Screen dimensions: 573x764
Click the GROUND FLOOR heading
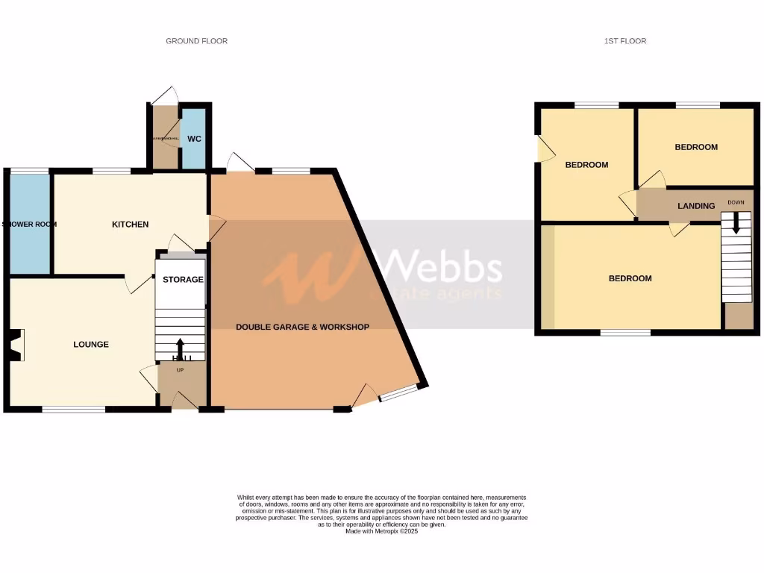(196, 41)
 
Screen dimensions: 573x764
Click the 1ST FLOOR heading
(625, 41)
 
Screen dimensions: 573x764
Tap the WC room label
(194, 139)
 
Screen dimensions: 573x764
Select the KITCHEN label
(131, 225)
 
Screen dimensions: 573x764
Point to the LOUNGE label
(91, 345)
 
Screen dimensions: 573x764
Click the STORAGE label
(183, 280)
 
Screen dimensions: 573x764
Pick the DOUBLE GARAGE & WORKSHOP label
(303, 328)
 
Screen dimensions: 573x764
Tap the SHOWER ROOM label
(29, 224)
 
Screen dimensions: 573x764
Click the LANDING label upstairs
(696, 206)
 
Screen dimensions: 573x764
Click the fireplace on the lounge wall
(15, 345)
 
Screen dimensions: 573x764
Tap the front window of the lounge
(73, 409)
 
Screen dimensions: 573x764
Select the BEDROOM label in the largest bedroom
(630, 279)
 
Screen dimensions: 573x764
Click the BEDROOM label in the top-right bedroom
(696, 148)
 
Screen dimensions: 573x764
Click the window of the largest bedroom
(625, 333)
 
